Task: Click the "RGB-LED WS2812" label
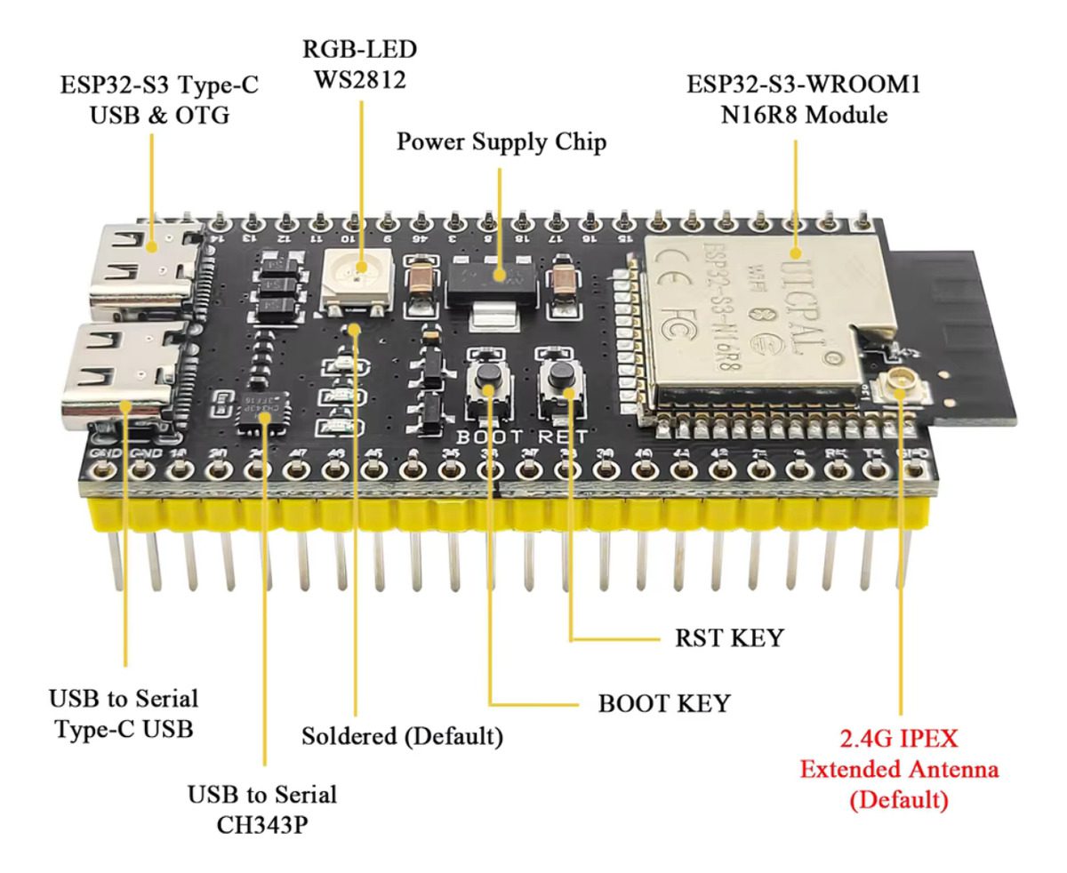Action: click(x=358, y=64)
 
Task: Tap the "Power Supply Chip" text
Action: click(x=501, y=142)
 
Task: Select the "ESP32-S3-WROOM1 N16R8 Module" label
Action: click(x=791, y=100)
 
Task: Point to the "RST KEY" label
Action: click(x=730, y=637)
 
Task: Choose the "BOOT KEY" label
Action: click(x=663, y=704)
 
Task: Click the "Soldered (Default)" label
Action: click(x=402, y=736)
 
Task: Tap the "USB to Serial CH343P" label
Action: click(x=262, y=808)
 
